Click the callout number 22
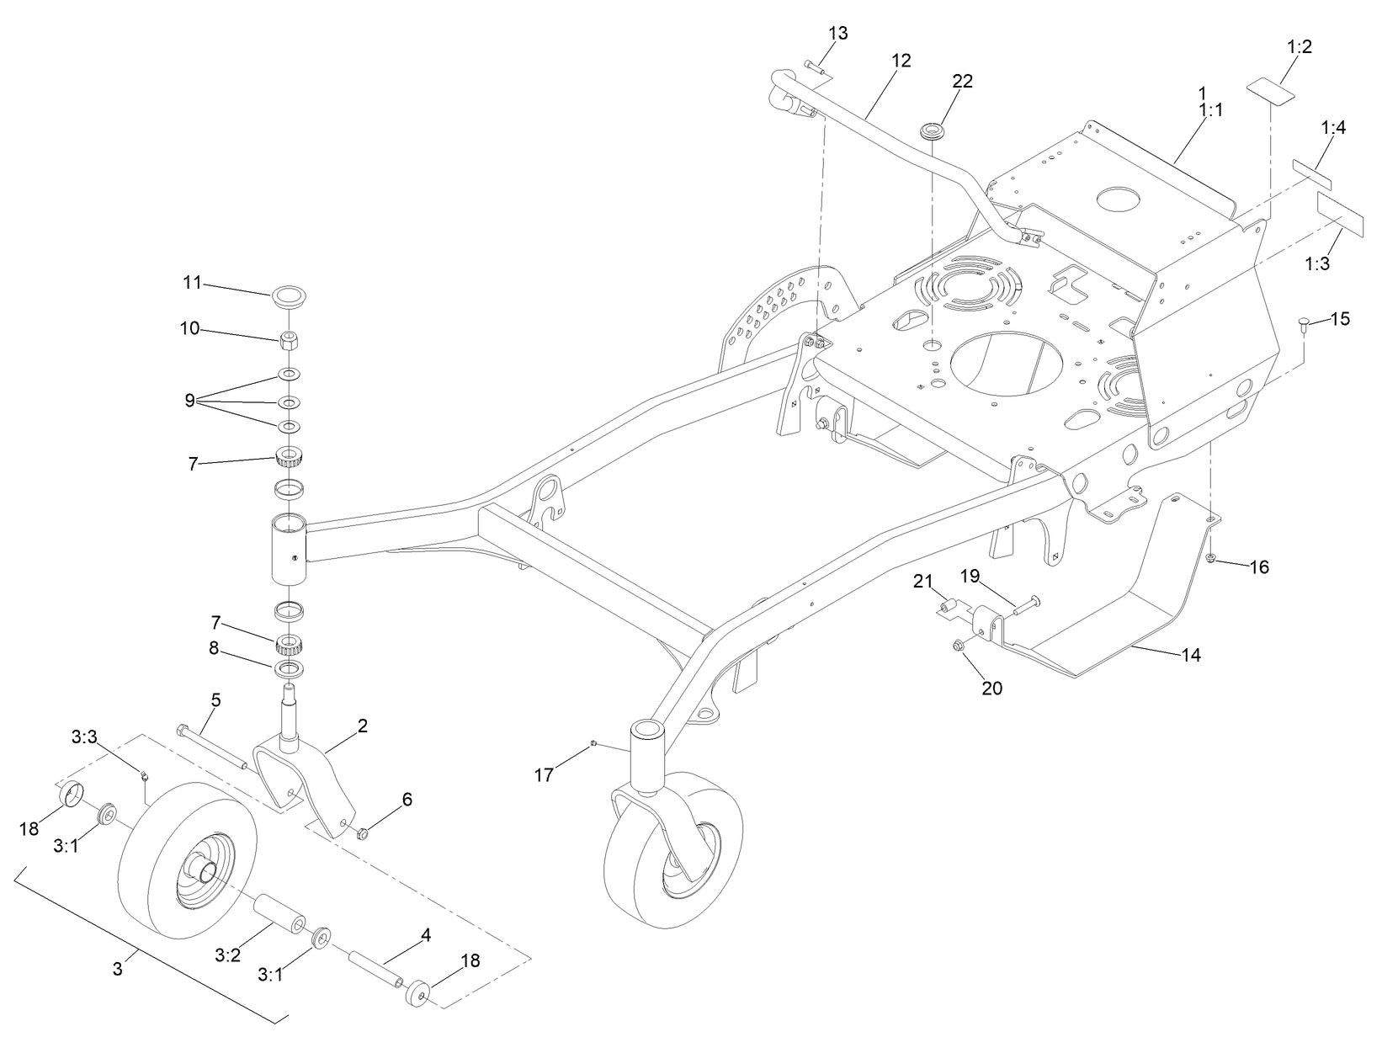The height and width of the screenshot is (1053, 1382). click(962, 81)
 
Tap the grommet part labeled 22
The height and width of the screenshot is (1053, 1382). click(933, 132)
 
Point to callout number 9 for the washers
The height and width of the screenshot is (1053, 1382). click(189, 400)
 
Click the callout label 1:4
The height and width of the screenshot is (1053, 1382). click(1333, 128)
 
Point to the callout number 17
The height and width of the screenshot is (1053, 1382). click(545, 774)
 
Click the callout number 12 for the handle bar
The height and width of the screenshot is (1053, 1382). click(901, 61)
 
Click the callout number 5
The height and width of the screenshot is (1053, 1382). click(215, 699)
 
